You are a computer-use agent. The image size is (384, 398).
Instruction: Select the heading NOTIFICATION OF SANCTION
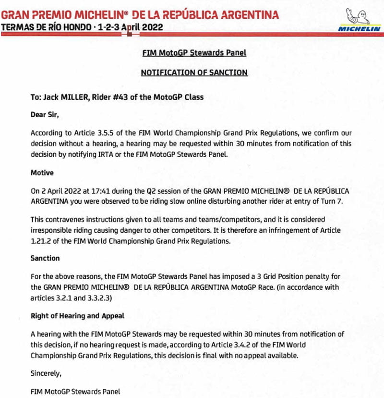[194, 73]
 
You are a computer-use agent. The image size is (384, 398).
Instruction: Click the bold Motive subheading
[42, 172]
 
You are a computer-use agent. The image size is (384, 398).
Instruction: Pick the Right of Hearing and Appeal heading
[77, 316]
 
